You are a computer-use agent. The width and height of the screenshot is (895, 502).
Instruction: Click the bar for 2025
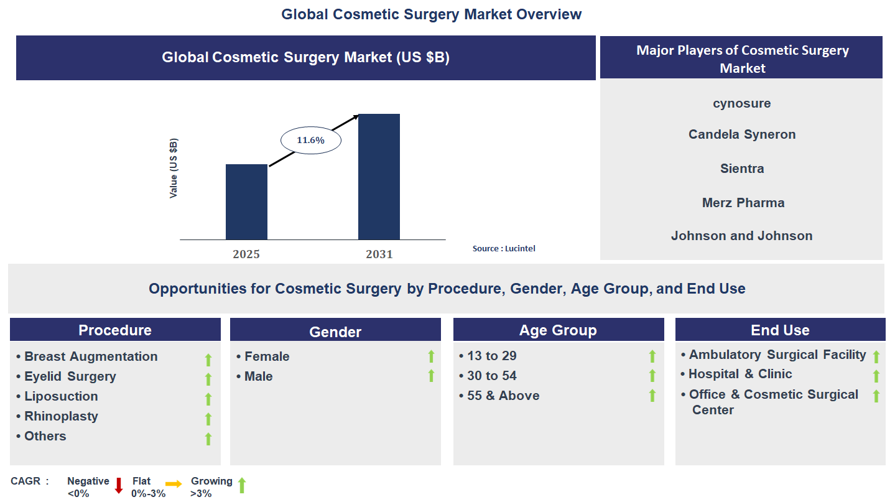[246, 202]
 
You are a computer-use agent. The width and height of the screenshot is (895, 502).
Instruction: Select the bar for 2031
[379, 177]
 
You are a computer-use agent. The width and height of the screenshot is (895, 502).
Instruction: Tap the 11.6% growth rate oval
[310, 141]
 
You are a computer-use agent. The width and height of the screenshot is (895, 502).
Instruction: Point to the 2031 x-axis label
[379, 254]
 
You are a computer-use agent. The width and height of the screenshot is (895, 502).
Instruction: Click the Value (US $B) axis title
[174, 169]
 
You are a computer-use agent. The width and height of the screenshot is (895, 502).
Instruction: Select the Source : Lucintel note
[503, 248]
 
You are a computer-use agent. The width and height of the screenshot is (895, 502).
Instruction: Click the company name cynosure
[741, 103]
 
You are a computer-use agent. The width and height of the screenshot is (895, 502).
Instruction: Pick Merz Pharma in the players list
[743, 203]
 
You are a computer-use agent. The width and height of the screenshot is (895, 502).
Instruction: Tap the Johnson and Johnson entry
[741, 236]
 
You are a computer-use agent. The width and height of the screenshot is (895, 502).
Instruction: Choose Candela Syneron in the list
[741, 134]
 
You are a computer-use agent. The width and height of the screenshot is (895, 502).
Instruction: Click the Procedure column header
[115, 330]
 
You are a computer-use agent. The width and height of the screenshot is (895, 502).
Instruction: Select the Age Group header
[558, 330]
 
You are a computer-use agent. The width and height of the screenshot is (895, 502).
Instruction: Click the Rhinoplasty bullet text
[61, 416]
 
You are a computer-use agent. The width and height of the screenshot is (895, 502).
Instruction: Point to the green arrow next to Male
[431, 376]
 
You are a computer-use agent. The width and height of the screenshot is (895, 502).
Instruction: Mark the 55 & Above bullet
[503, 396]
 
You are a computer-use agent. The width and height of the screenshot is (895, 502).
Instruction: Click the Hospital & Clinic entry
[740, 374]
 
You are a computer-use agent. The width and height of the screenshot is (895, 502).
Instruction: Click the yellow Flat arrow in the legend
[174, 483]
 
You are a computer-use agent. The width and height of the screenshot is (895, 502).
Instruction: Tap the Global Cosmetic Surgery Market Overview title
[431, 14]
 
